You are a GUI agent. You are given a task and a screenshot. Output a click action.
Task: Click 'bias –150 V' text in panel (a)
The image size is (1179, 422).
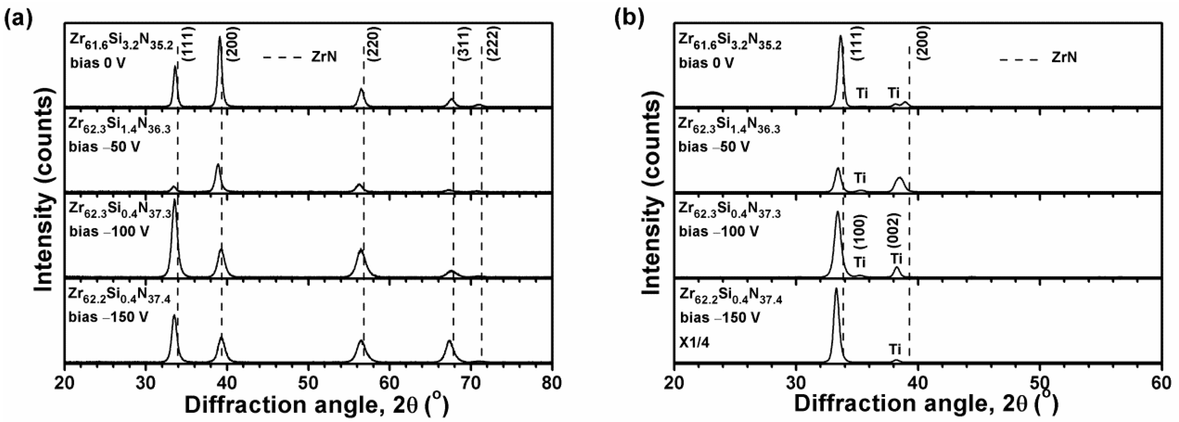click(109, 316)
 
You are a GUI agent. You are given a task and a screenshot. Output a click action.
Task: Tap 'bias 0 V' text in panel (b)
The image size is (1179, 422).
click(706, 62)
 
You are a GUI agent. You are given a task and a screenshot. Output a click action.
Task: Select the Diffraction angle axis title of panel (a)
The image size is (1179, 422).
click(316, 405)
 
